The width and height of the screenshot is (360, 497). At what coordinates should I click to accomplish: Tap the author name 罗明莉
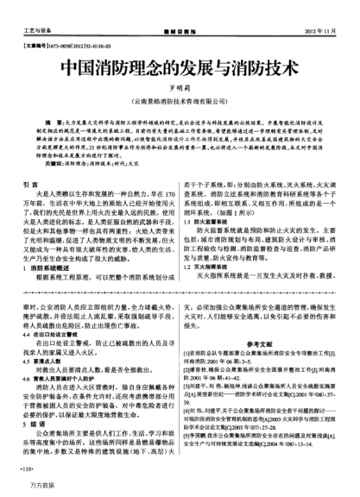coord(179,88)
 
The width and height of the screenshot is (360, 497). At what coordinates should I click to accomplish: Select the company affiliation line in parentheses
coord(180,102)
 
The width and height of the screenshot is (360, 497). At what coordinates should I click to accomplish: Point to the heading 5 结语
coord(35,422)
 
